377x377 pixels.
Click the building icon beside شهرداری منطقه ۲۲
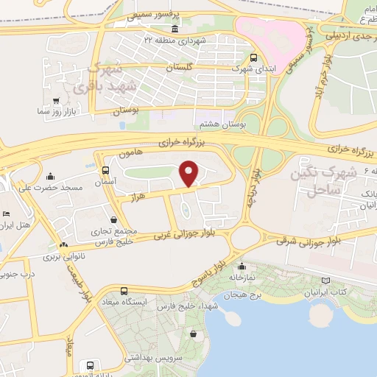pyautogui.click(x=204, y=38)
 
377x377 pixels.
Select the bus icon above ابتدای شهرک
pyautogui.click(x=253, y=57)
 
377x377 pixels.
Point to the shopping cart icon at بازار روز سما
pyautogui.click(x=56, y=99)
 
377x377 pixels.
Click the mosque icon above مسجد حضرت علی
pyautogui.click(x=50, y=176)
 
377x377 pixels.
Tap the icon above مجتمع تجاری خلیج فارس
pyautogui.click(x=113, y=219)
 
